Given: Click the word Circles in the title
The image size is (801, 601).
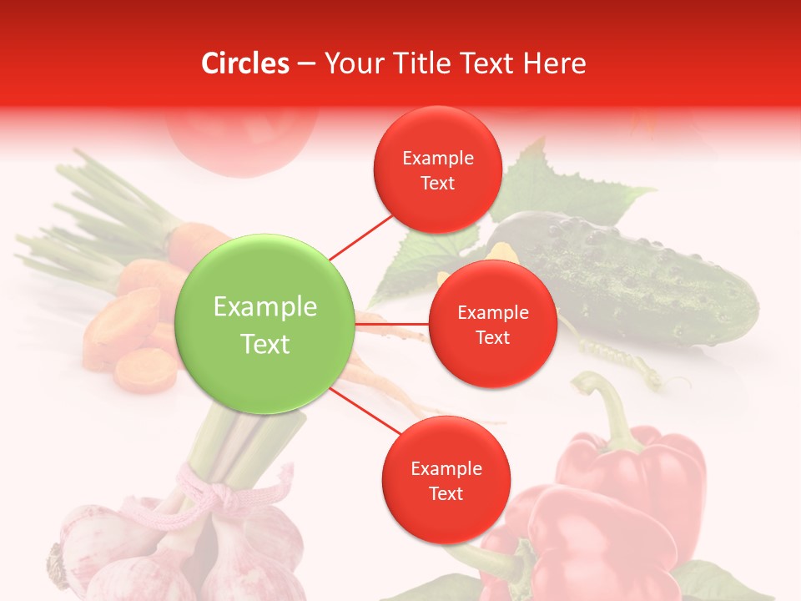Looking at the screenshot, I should click(244, 63).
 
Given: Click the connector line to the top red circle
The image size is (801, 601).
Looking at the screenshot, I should click(360, 236).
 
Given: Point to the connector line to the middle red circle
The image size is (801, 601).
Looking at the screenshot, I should click(392, 323).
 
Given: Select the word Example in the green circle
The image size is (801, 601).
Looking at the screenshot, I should click(265, 307).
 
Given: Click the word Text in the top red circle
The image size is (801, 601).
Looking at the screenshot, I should click(437, 184).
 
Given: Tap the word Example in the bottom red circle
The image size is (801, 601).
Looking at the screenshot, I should click(446, 468).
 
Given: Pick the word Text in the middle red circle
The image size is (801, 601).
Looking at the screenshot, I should click(492, 338).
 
